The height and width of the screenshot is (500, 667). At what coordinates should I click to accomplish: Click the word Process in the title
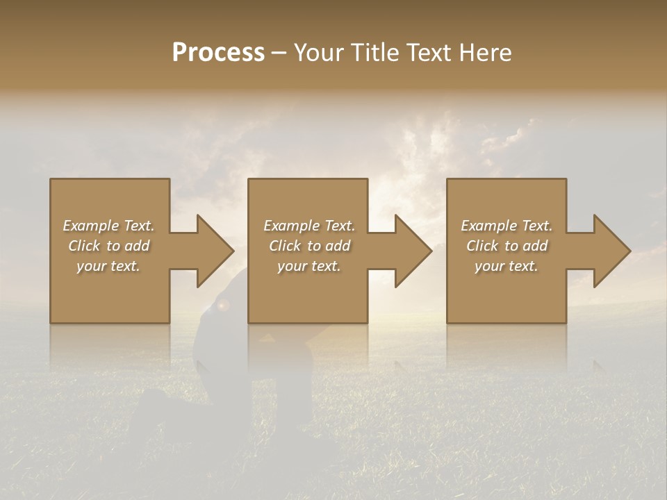[x=218, y=53]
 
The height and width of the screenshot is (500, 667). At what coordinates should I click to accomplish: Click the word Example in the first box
[x=90, y=226]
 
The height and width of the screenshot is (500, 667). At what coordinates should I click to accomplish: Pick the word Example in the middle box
[x=291, y=226]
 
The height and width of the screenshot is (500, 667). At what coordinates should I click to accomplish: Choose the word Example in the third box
[x=488, y=226]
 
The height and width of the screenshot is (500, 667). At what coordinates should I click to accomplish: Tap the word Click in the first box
[x=84, y=246]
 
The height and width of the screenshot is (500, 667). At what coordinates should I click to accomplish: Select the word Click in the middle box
[x=285, y=246]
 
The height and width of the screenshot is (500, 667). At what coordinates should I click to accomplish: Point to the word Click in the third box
[x=482, y=246]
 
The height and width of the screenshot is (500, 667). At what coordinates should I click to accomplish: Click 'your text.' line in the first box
[x=108, y=266]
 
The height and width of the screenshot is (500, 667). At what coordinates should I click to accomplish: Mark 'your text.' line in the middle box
[x=309, y=266]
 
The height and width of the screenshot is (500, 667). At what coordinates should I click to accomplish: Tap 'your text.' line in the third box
[x=507, y=266]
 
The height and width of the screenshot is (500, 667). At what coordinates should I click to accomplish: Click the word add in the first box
[x=138, y=246]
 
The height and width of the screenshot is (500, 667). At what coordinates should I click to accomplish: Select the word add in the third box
[x=536, y=246]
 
